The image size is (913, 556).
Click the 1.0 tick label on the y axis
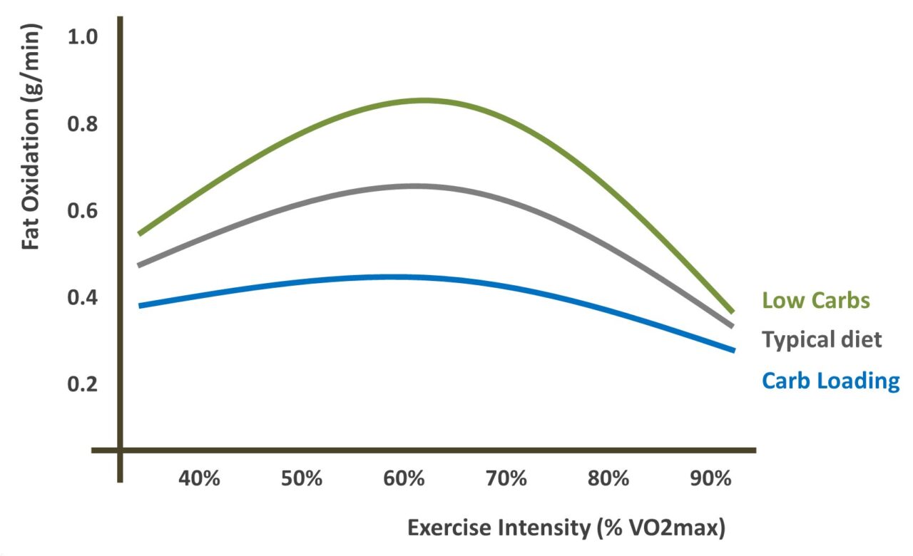83,37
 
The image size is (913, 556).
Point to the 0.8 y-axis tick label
83,124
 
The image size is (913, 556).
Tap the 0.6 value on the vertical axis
83,211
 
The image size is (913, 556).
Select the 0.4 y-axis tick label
83,297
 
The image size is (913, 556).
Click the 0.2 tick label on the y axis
83,384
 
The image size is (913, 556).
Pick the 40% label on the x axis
199,478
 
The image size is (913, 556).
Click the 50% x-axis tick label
301,478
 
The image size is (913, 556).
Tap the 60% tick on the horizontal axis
404,478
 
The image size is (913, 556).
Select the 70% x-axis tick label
506,478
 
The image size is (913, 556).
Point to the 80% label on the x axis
608,478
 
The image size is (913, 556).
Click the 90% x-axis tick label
710,478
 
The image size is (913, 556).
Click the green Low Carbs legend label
816,300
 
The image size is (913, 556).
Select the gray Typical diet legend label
822,339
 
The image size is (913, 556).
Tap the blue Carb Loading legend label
831,381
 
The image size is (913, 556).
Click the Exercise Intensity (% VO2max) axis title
566,528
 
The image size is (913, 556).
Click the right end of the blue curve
733,350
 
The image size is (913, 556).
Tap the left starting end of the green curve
140,233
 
